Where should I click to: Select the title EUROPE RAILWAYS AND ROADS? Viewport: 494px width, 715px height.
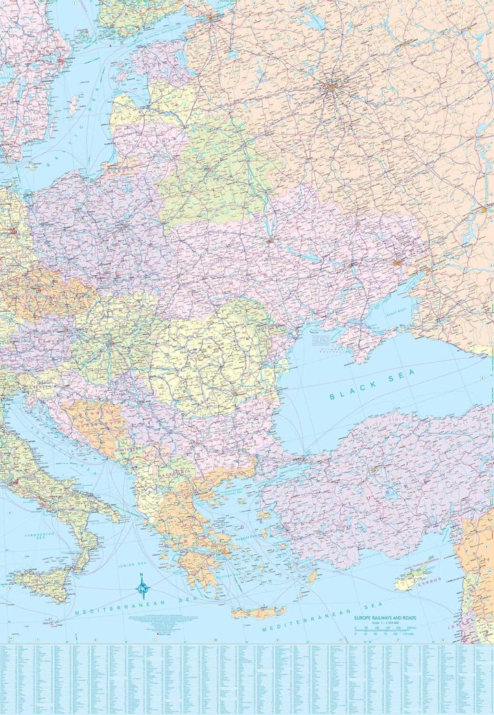tap(385, 618)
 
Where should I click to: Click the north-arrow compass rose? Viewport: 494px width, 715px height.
tap(142, 586)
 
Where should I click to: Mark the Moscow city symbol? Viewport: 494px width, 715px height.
tap(332, 87)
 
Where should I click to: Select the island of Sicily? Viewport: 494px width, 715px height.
tap(43, 584)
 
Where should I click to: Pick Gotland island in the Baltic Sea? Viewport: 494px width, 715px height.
tap(73, 105)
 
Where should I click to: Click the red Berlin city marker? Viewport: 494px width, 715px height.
tap(13, 232)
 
